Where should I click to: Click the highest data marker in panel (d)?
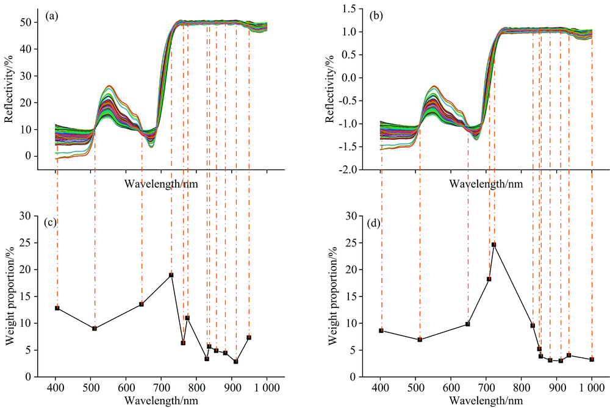pos(494,245)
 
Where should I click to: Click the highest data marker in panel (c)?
pos(171,275)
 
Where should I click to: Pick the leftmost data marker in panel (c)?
pos(57,308)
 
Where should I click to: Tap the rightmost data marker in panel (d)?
pos(592,359)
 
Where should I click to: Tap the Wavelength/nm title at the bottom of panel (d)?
pos(486,400)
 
